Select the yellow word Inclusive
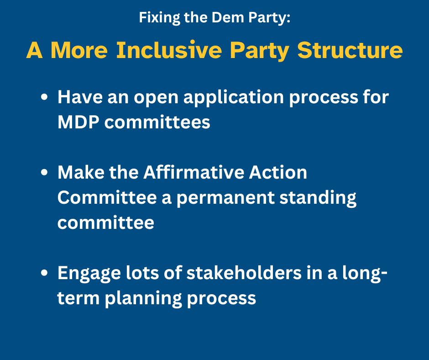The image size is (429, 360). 169,50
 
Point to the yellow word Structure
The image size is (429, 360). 350,50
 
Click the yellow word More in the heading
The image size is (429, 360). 79,50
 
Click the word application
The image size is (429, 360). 233,98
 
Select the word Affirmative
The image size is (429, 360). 194,172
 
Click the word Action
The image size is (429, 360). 277,172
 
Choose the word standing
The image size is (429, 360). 318,198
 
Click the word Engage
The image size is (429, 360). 89,274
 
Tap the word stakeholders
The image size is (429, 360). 244,273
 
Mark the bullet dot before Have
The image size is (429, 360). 44,97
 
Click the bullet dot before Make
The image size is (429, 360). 44,173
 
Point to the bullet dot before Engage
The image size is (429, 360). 44,273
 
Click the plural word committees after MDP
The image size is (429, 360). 157,122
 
